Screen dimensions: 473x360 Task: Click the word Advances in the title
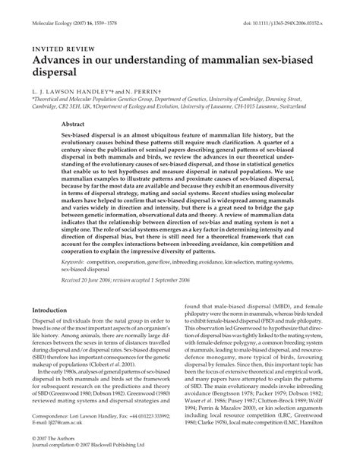(x=59, y=59)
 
